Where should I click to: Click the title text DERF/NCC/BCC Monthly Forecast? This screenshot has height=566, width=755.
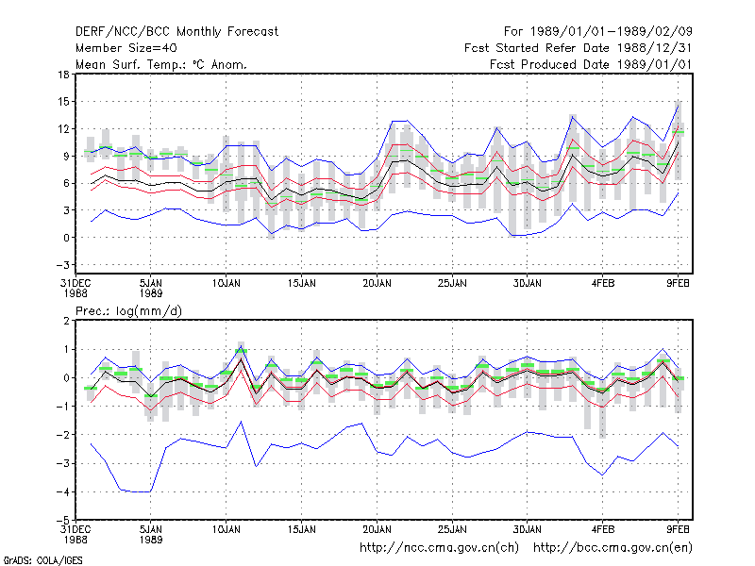[x=176, y=32]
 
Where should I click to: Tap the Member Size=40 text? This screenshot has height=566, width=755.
[x=126, y=48]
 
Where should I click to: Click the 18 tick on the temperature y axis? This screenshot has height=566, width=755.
[x=63, y=75]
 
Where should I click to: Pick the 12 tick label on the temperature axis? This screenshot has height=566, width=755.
[x=63, y=129]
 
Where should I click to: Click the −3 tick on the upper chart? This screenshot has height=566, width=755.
[x=62, y=265]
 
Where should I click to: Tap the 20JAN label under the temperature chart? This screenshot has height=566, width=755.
[x=377, y=284]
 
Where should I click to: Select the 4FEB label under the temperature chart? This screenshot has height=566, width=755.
[x=603, y=284]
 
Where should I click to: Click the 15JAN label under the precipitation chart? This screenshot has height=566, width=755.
[x=302, y=530]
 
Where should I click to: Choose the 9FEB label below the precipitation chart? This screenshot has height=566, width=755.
[x=678, y=530]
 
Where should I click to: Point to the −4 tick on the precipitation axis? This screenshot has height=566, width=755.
[x=62, y=491]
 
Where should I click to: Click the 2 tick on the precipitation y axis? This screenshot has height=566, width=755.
[x=66, y=321]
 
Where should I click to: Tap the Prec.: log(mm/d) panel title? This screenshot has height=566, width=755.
[x=128, y=311]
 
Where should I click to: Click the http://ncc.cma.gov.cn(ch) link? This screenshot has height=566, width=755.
[x=439, y=548]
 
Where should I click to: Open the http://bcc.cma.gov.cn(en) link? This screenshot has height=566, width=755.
[x=612, y=548]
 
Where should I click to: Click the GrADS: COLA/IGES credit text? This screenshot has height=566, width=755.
[x=42, y=560]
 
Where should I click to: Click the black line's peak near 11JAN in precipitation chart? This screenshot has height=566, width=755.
[x=241, y=358]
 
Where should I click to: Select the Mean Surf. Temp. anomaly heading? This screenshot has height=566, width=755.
[x=160, y=64]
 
